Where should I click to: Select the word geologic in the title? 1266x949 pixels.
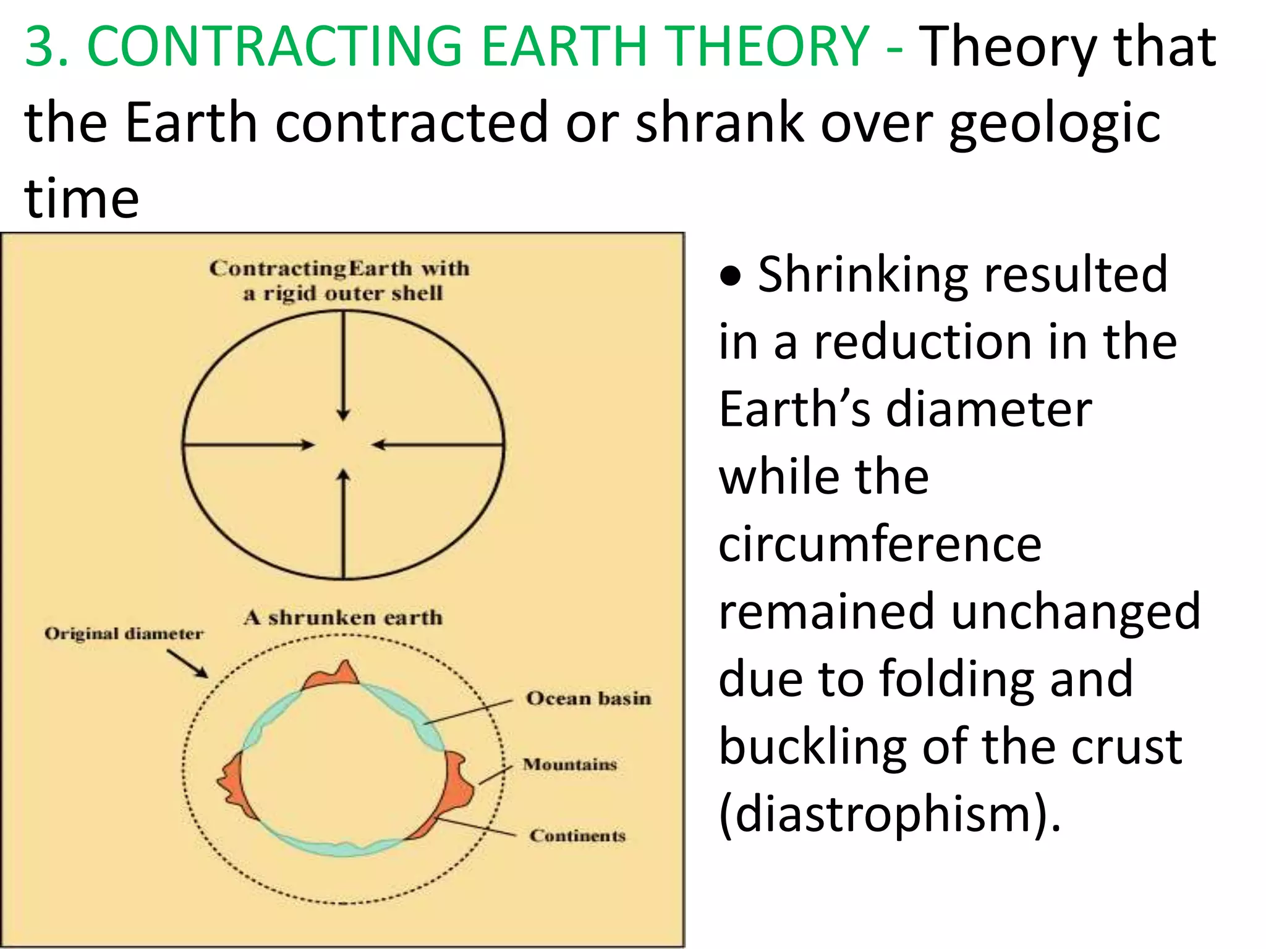1055,124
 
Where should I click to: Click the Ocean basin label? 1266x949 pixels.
588,698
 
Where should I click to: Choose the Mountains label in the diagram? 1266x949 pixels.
569,765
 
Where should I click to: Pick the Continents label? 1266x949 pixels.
577,835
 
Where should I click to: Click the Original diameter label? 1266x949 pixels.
124,634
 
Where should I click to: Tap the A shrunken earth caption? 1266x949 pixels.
343,617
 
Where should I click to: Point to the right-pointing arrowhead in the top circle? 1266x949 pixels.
307,444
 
